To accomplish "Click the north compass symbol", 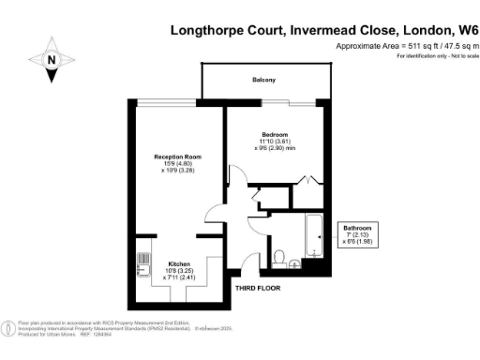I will pyautogui.click(x=52, y=60).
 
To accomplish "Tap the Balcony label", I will pyautogui.click(x=262, y=81).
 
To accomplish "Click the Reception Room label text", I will pyautogui.click(x=178, y=156).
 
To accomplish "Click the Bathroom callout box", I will pyautogui.click(x=357, y=233).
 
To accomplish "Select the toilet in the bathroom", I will pyautogui.click(x=279, y=255).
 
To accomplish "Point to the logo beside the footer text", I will pyautogui.click(x=8, y=327).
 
